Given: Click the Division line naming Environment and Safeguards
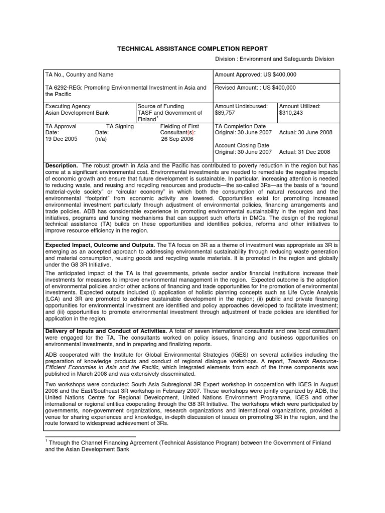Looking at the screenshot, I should [275, 59].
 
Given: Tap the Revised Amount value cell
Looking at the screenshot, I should [255, 88].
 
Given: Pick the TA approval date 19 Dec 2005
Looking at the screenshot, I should [61, 140].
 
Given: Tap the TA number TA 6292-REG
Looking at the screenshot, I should [65, 88].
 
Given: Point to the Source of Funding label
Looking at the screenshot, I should [160, 107].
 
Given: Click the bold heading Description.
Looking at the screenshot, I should [61, 165].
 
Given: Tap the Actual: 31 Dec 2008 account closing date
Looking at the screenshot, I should [305, 152].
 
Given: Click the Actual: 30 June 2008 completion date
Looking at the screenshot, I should [305, 133].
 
